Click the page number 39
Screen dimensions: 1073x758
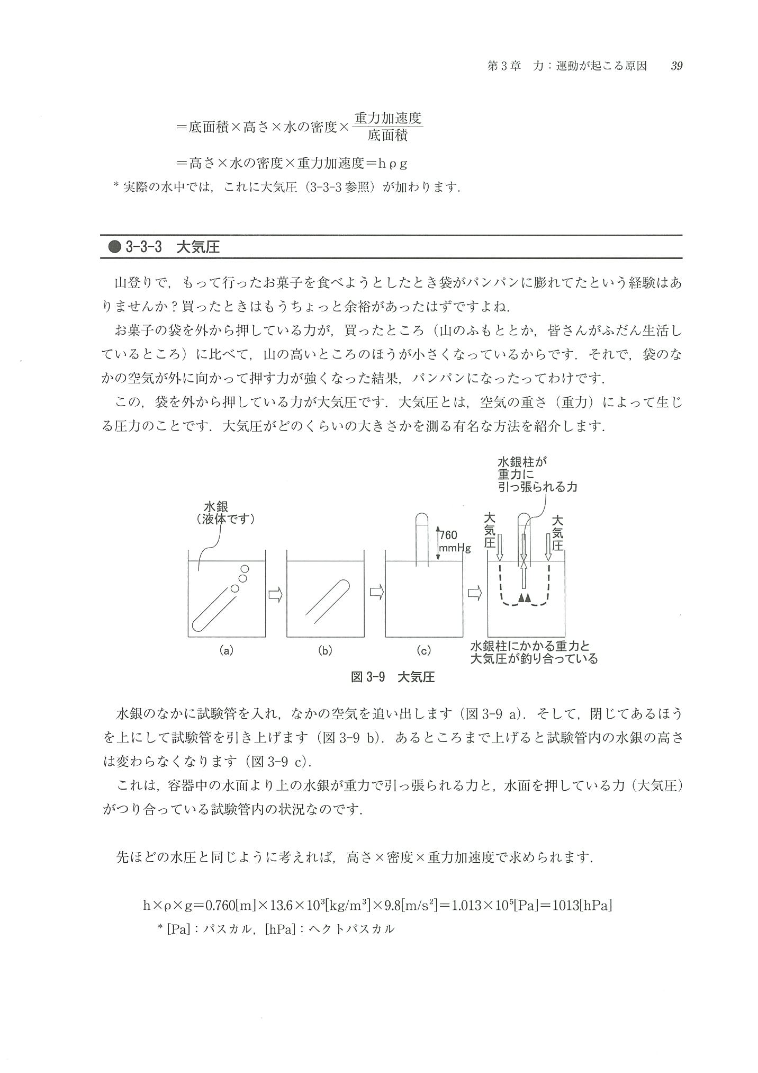click(676, 66)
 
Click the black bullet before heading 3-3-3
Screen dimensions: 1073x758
click(114, 247)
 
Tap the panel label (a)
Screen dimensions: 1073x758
click(226, 650)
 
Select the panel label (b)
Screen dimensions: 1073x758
click(324, 650)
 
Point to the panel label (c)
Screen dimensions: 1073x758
click(423, 650)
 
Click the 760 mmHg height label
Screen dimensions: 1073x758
click(454, 542)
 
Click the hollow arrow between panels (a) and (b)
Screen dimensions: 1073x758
click(275, 595)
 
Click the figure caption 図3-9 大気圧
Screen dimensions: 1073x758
click(393, 677)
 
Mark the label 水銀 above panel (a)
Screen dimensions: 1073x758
click(215, 507)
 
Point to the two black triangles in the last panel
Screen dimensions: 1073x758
click(524, 598)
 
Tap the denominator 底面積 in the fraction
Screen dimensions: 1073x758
click(387, 136)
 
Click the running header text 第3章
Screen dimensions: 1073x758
click(504, 66)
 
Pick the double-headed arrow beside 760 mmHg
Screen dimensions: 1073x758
click(438, 543)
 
